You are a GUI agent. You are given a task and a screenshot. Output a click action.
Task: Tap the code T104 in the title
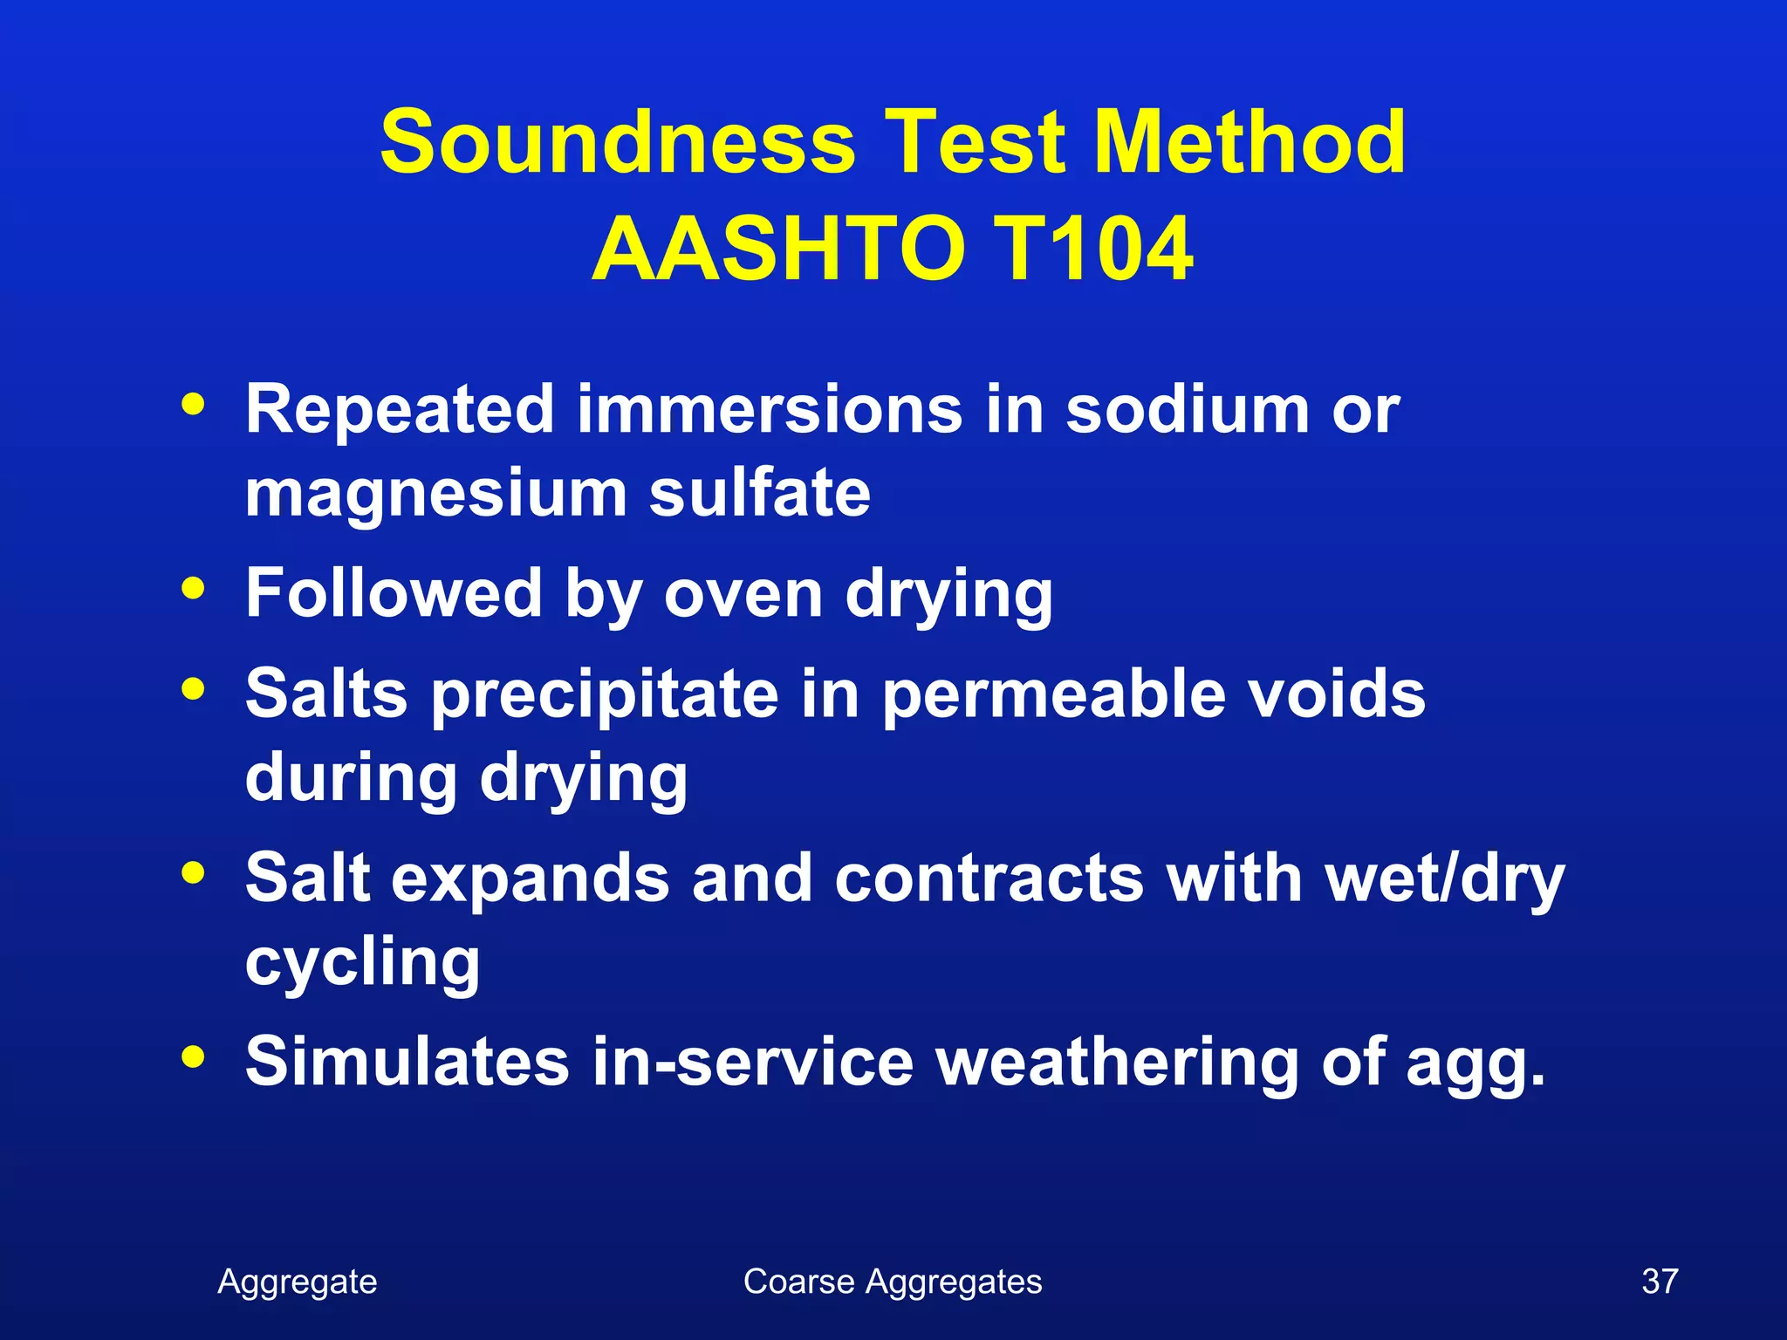(1092, 250)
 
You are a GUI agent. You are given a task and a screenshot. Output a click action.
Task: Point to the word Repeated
(400, 409)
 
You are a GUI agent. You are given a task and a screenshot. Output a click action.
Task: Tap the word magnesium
(435, 496)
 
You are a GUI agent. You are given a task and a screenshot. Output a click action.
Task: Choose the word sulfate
(759, 494)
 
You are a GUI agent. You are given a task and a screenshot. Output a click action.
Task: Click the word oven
(743, 594)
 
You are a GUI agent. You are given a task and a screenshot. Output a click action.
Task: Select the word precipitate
(605, 695)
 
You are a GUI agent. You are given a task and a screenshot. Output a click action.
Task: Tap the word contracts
(989, 879)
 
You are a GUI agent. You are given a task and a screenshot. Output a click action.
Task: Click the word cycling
(362, 964)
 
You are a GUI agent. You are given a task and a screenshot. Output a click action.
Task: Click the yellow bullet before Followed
(193, 588)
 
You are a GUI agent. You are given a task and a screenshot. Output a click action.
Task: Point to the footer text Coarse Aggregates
(893, 1282)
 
